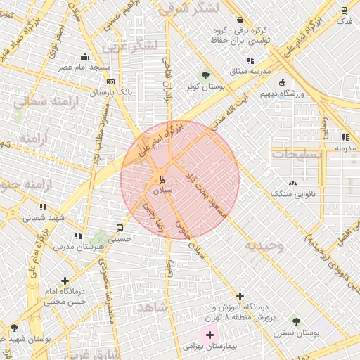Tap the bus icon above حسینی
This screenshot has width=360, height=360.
(120, 228)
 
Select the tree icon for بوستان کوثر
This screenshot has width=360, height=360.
(205, 75)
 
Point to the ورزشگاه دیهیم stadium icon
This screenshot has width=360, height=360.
(282, 82)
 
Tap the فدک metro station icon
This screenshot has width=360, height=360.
(344, 10)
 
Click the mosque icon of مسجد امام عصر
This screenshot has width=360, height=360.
(84, 56)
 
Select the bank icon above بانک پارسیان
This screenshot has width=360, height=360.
(110, 82)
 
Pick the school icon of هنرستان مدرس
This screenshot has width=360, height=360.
(78, 236)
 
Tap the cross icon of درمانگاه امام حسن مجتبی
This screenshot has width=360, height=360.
(65, 281)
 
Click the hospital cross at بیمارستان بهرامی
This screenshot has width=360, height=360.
(210, 333)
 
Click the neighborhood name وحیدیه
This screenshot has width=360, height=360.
(264, 245)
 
